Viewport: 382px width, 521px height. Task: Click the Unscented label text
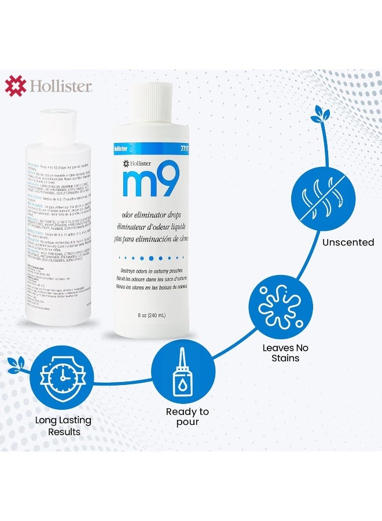[x=348, y=242]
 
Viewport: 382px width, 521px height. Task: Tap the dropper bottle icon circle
[x=183, y=370]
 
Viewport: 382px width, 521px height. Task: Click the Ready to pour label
[x=187, y=417]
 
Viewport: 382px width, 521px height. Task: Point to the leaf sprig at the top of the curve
[x=319, y=115]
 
